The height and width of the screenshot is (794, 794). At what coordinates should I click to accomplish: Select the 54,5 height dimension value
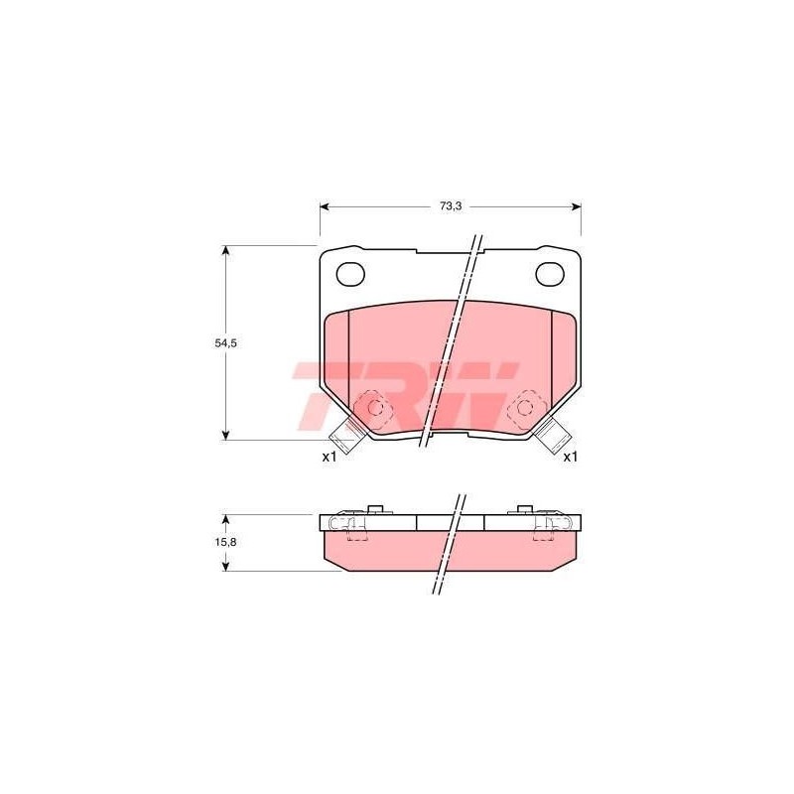tap(226, 342)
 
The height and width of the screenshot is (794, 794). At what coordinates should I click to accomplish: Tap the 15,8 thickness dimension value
tap(226, 542)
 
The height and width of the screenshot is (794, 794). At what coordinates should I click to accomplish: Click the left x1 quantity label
tap(330, 457)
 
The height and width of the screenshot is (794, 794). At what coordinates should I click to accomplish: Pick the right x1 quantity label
tap(571, 457)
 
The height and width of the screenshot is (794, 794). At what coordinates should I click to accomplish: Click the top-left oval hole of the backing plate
tap(350, 274)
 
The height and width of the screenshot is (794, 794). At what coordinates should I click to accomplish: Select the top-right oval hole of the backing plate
tap(550, 274)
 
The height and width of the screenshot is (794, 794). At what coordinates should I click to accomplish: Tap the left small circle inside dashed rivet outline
tap(376, 406)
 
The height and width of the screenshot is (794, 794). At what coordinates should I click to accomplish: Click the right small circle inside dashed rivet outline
tap(525, 406)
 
